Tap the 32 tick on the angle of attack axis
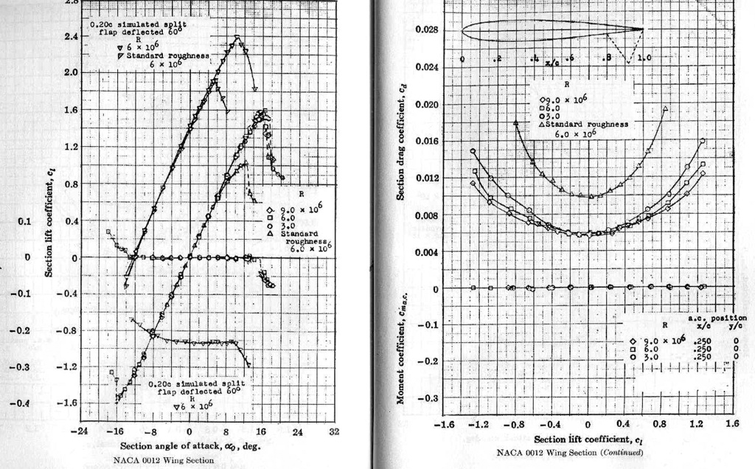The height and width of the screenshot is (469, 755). [x=333, y=431]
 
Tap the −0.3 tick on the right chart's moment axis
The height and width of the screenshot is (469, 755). [x=428, y=398]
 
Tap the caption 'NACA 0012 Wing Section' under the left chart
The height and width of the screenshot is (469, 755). [x=164, y=460]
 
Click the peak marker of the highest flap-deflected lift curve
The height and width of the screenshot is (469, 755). [x=237, y=38]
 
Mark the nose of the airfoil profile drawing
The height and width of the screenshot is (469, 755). [x=462, y=31]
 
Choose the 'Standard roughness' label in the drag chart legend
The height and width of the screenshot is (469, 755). [x=586, y=125]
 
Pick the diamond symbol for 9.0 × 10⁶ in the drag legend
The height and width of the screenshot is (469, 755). [x=544, y=100]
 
